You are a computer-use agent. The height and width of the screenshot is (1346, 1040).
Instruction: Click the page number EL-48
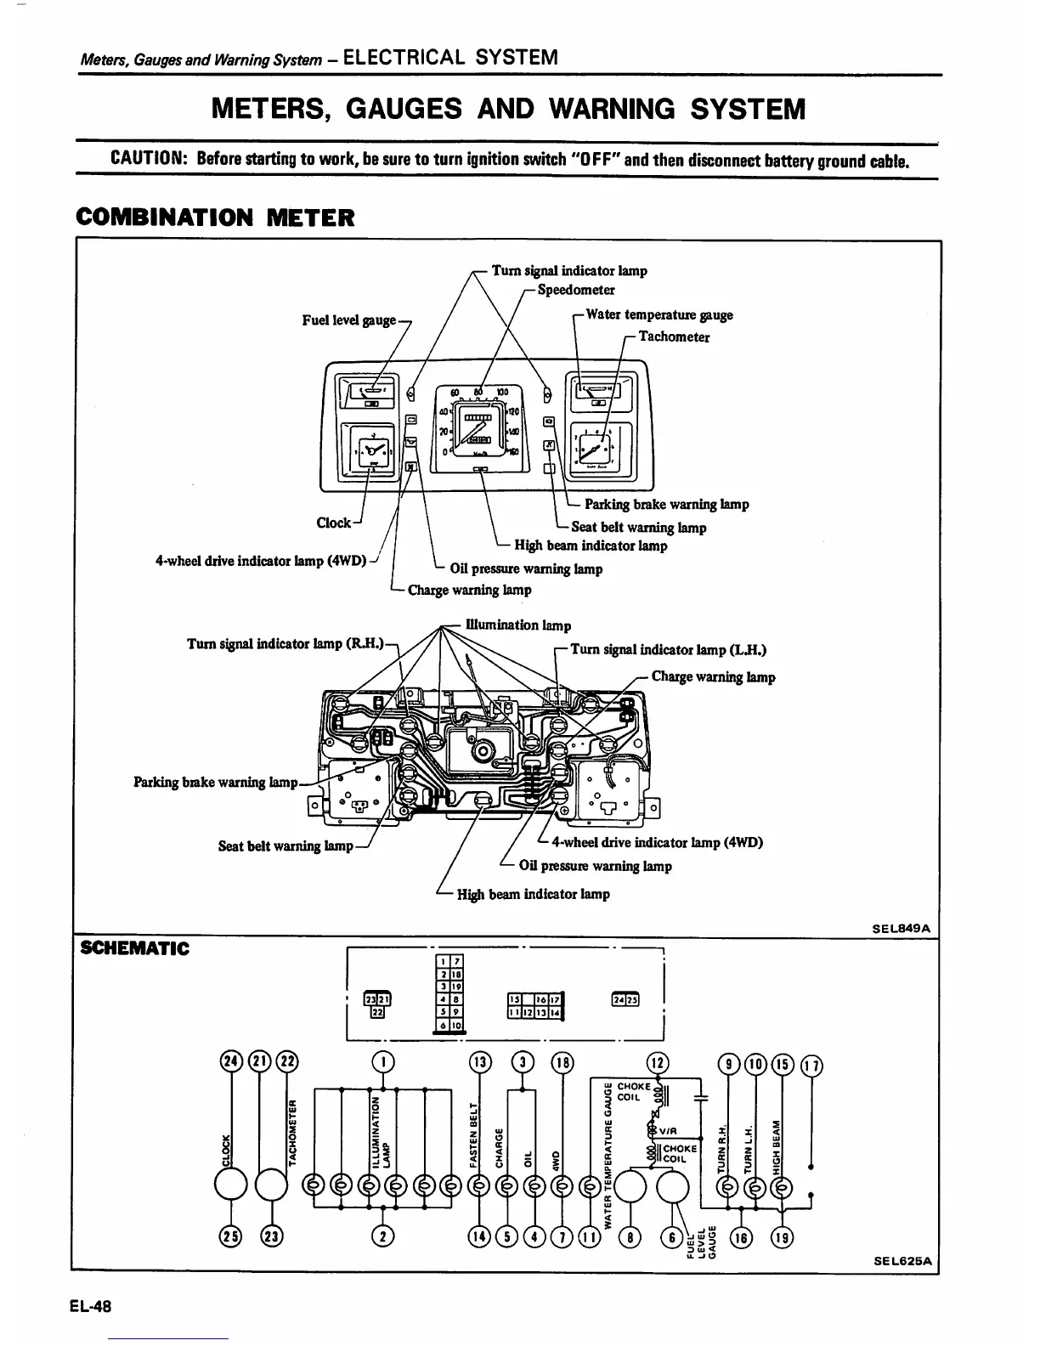[93, 1306]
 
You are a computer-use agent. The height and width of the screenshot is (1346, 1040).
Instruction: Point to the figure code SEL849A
[902, 929]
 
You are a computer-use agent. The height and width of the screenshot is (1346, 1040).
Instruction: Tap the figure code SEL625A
[902, 1261]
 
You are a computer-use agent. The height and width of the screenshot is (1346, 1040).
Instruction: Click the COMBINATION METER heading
[215, 218]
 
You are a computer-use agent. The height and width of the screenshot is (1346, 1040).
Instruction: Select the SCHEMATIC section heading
[133, 948]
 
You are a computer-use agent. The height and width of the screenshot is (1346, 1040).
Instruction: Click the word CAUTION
[149, 160]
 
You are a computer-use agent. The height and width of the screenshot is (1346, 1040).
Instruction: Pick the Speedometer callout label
[576, 290]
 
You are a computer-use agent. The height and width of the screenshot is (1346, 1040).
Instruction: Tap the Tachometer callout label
[674, 336]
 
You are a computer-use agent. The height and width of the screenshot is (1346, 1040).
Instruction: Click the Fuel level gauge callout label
[349, 320]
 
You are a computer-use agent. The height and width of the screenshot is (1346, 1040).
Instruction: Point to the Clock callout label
[333, 523]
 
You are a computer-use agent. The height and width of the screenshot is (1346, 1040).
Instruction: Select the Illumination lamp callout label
[518, 625]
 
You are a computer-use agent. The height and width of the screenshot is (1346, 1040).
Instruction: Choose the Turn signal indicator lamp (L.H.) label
[668, 650]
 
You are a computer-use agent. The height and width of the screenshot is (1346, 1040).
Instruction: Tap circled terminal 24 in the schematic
[229, 1062]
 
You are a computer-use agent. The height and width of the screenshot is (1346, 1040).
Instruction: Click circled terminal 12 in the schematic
[658, 1062]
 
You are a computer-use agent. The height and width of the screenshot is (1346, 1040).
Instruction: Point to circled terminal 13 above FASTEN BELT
[480, 1062]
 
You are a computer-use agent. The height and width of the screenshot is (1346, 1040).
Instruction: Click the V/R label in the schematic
[667, 1131]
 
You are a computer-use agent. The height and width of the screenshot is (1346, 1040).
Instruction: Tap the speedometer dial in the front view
[481, 425]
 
